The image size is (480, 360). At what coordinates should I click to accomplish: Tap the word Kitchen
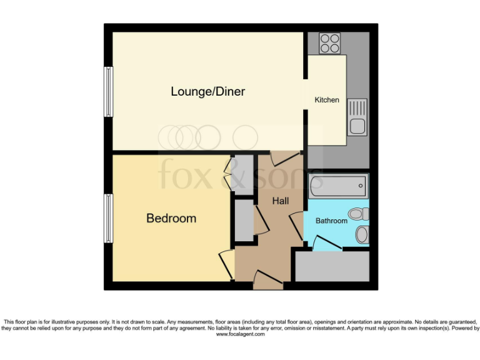tap(326, 100)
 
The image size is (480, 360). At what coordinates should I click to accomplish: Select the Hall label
tap(281, 201)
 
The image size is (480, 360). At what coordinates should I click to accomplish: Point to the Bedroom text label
tap(171, 218)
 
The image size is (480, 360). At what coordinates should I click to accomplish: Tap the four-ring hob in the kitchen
tap(329, 43)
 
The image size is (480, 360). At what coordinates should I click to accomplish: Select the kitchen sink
tap(357, 117)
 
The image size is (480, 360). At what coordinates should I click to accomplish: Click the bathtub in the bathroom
tap(338, 186)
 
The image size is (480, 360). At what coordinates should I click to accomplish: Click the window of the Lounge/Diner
tap(109, 91)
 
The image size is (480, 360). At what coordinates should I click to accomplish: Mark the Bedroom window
tap(109, 218)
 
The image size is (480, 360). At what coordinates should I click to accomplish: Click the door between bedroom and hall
tap(227, 263)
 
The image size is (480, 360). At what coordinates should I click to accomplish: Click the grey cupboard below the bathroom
tap(332, 267)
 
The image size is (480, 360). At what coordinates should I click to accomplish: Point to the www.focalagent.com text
tap(240, 334)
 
